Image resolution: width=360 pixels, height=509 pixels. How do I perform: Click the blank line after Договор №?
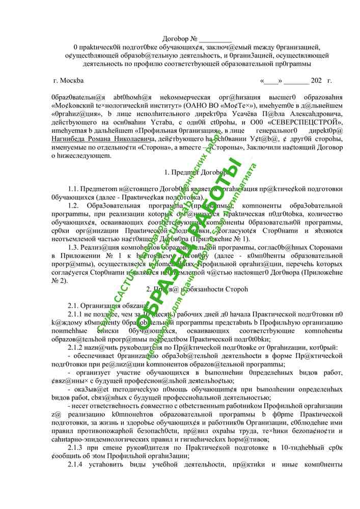point(215,39)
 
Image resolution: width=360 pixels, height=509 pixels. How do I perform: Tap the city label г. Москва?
point(69,80)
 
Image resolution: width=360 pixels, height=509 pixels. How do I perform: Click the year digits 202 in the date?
point(316,80)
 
